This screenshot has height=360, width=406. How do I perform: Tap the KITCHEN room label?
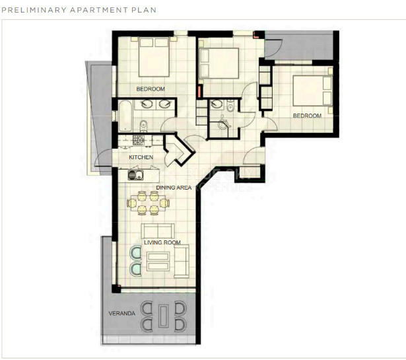pos(141,157)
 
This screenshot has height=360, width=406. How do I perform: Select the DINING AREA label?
pos(174,188)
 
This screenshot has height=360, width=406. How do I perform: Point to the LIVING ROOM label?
pos(162,242)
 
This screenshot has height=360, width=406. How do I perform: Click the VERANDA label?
pos(121,313)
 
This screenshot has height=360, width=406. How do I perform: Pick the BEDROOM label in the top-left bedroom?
pos(151,89)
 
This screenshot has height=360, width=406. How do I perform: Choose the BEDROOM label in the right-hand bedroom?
pos(307,116)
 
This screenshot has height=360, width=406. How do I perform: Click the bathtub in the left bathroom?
pos(124,114)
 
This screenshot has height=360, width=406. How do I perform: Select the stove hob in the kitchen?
pos(139,141)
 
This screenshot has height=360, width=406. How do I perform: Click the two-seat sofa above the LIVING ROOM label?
pos(157,231)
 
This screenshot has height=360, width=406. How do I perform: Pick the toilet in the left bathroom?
pos(143,124)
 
